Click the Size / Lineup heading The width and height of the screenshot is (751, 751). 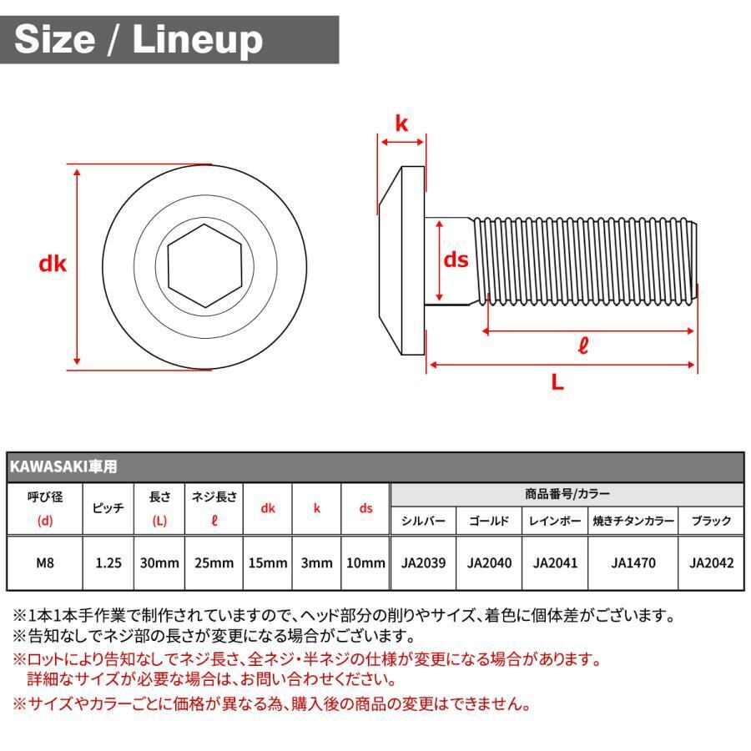pyautogui.click(x=139, y=39)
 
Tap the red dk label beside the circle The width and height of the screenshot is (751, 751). pyautogui.click(x=53, y=265)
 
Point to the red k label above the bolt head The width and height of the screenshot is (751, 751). pyautogui.click(x=402, y=124)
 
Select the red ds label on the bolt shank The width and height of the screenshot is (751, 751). pyautogui.click(x=456, y=260)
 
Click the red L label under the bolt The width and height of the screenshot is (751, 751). pyautogui.click(x=557, y=383)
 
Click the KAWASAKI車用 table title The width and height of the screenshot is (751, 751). pyautogui.click(x=63, y=466)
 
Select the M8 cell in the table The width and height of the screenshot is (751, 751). pyautogui.click(x=46, y=563)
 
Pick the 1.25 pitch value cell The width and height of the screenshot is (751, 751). pyautogui.click(x=108, y=563)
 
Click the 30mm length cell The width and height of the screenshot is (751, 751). pyautogui.click(x=159, y=563)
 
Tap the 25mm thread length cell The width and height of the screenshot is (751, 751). pyautogui.click(x=214, y=563)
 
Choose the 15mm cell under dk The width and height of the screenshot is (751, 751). pyautogui.click(x=268, y=563)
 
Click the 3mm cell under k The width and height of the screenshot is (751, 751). pyautogui.click(x=316, y=563)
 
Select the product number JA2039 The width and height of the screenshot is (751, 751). pyautogui.click(x=424, y=563)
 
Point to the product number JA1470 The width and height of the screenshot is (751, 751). pyautogui.click(x=633, y=563)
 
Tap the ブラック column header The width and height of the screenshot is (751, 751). pyautogui.click(x=711, y=521)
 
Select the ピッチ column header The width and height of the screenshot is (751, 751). pyautogui.click(x=108, y=508)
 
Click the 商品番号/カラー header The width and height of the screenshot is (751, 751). pyautogui.click(x=567, y=494)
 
